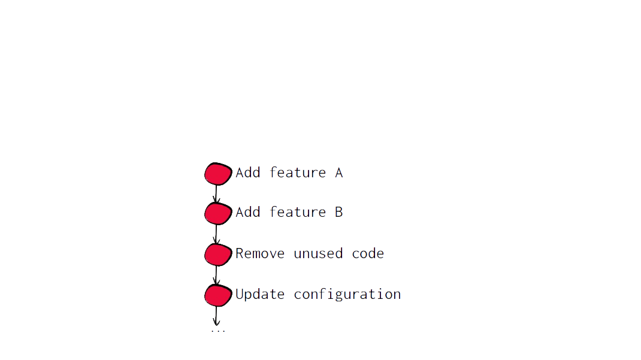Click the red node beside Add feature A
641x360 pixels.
pos(218,174)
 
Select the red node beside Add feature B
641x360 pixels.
pos(218,213)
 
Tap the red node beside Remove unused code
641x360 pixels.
pos(218,255)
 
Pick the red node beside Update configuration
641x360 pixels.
pos(218,295)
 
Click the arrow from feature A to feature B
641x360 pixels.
pos(216,193)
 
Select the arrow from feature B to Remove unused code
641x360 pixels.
pos(216,234)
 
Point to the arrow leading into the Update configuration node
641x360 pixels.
pos(216,275)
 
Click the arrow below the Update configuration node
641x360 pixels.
pos(216,316)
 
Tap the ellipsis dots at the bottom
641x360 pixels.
pos(218,331)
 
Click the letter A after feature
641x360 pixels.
pos(338,173)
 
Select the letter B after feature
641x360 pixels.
pos(338,212)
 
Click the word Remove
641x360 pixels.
pos(260,253)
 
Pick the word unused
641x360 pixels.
pos(318,254)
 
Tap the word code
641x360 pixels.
pos(368,254)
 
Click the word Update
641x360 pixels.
pos(260,294)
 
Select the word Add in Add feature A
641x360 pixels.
pos(248,173)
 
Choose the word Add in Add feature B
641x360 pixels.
pos(248,212)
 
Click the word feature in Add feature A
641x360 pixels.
pos(298,173)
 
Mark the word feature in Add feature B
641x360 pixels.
pos(298,212)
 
